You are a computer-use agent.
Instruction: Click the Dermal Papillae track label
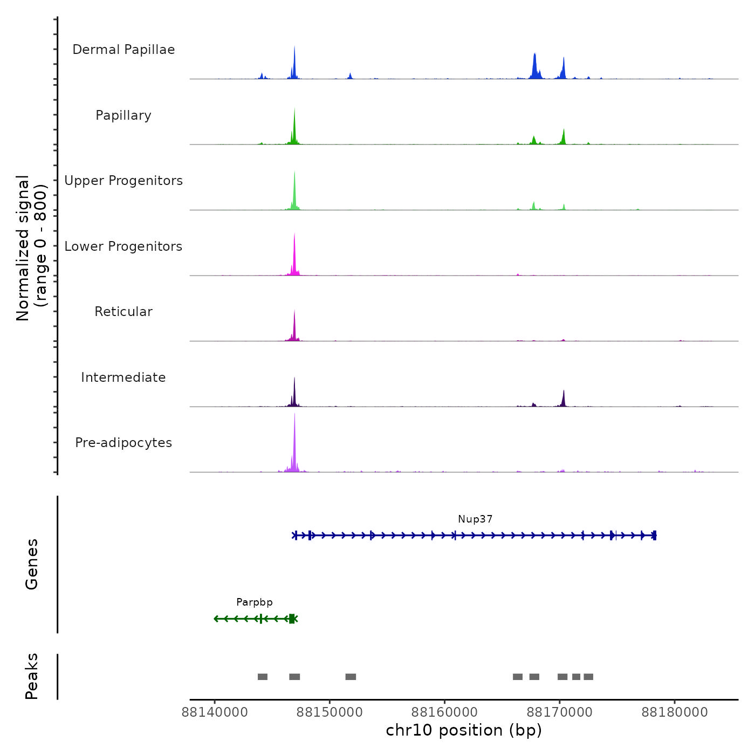[123, 50]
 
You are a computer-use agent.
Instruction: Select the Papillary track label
[123, 115]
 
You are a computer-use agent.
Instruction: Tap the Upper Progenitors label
[123, 181]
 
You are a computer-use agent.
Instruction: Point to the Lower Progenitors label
[123, 246]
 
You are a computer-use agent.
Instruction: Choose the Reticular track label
[123, 312]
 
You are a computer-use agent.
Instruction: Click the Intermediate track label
[123, 377]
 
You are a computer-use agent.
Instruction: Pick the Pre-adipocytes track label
[123, 443]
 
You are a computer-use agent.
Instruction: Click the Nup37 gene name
[475, 519]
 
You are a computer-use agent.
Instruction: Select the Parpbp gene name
[255, 602]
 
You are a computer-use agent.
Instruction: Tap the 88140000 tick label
[215, 712]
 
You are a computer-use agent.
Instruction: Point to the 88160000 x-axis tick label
[445, 712]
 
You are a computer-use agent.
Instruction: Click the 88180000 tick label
[675, 712]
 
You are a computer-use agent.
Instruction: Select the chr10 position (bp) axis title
[464, 730]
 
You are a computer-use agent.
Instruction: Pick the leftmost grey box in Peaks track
[263, 677]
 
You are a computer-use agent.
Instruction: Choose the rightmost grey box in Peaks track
[588, 677]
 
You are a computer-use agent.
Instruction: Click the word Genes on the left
[32, 564]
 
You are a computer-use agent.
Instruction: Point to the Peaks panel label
[32, 676]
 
